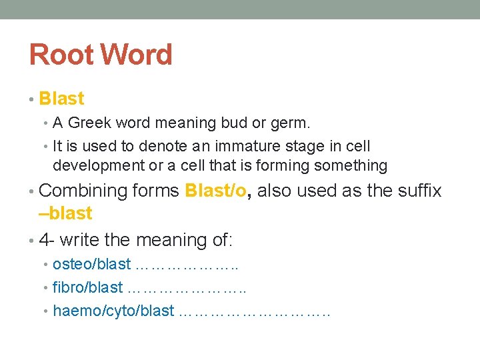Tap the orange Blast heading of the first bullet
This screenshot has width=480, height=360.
[x=61, y=99]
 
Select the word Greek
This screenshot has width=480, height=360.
[x=89, y=123]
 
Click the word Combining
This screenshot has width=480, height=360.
[x=83, y=191]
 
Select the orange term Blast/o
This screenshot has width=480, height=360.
[x=216, y=191]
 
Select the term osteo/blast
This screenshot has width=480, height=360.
[x=92, y=264]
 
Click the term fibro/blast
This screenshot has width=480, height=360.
[x=88, y=287]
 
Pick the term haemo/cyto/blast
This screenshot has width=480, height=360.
[x=113, y=311]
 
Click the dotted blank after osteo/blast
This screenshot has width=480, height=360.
[x=186, y=265]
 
